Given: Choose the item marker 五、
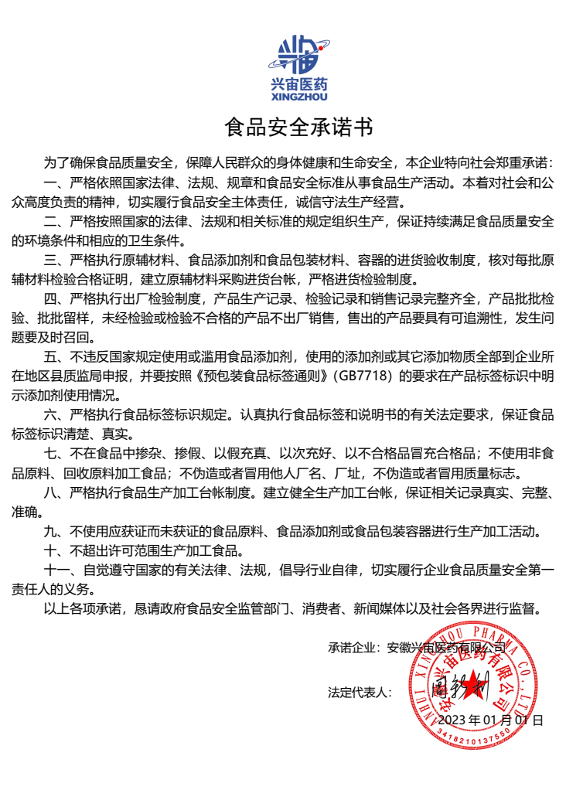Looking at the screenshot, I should (56, 357).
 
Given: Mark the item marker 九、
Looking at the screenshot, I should (56, 532).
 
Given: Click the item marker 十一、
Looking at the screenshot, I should (63, 570).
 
